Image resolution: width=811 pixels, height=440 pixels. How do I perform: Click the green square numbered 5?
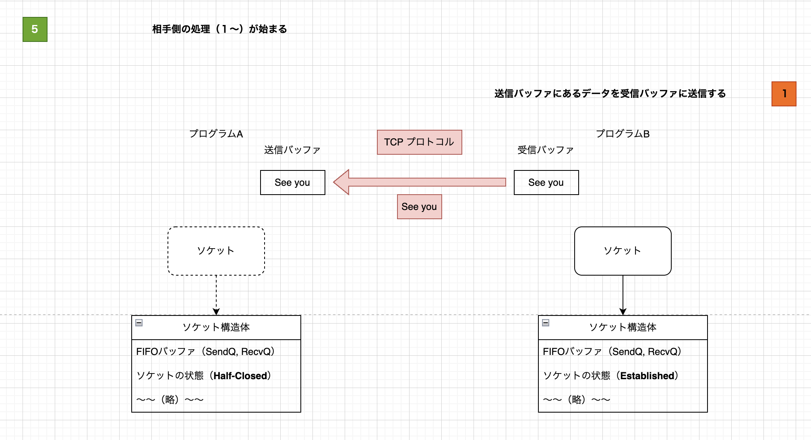pyautogui.click(x=35, y=29)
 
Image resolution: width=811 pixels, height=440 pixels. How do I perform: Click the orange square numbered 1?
pyautogui.click(x=784, y=94)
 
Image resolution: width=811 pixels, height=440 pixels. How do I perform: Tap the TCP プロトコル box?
pyautogui.click(x=419, y=142)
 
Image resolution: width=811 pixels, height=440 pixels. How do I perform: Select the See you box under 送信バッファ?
pyautogui.click(x=292, y=183)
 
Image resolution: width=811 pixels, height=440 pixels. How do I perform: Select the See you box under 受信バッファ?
pyautogui.click(x=546, y=183)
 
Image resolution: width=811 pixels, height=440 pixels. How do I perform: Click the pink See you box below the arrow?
pyautogui.click(x=419, y=207)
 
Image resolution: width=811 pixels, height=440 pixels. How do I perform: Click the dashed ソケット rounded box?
pyautogui.click(x=216, y=251)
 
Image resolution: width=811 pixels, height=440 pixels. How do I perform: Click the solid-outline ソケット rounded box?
pyautogui.click(x=623, y=251)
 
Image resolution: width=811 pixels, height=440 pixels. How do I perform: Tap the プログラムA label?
pyautogui.click(x=216, y=134)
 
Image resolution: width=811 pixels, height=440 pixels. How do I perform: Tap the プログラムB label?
pyautogui.click(x=623, y=134)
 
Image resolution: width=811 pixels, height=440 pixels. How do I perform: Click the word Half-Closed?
pyautogui.click(x=240, y=376)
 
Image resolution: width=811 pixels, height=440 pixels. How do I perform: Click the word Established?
pyautogui.click(x=647, y=376)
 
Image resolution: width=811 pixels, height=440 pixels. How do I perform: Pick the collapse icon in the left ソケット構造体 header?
pyautogui.click(x=139, y=323)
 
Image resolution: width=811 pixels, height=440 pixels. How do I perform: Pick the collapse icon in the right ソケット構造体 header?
pyautogui.click(x=546, y=323)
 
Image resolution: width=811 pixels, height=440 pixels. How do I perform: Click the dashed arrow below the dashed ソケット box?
pyautogui.click(x=216, y=294)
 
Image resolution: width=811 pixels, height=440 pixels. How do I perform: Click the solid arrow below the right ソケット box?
pyautogui.click(x=623, y=294)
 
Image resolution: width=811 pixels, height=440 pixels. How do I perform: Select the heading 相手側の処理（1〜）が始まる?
pyautogui.click(x=219, y=29)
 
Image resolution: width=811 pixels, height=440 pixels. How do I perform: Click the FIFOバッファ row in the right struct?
pyautogui.click(x=612, y=352)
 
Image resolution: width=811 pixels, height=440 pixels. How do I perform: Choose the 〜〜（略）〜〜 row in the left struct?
pyautogui.click(x=170, y=400)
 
